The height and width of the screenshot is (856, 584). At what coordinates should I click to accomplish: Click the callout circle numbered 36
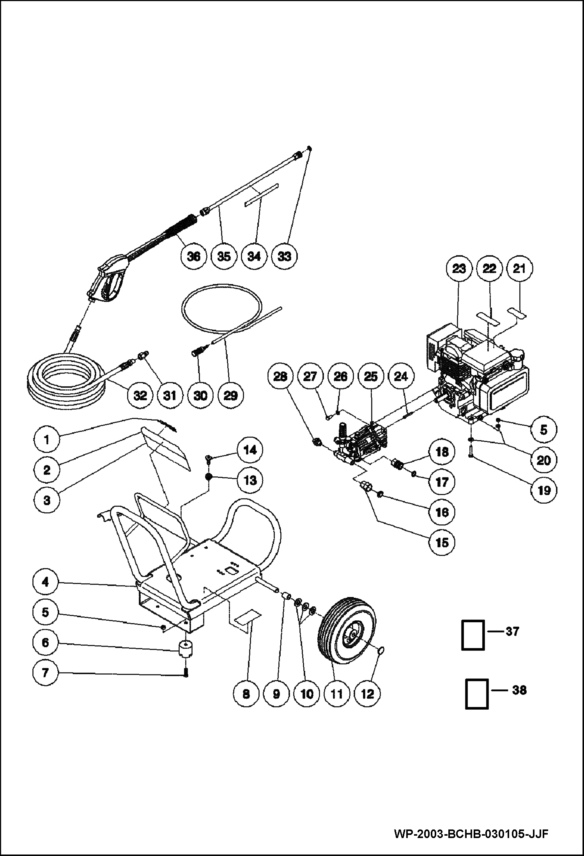(194, 256)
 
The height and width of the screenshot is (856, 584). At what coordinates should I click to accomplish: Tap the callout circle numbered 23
(459, 268)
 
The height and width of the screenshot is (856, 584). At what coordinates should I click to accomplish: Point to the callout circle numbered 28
(280, 376)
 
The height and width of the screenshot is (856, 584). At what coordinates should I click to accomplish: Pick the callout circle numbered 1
(46, 440)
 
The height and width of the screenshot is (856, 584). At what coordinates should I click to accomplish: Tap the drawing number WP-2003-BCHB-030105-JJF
(471, 833)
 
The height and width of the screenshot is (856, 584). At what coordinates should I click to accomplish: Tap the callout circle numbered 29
(230, 395)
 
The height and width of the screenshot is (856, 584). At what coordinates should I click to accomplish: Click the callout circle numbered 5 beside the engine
(543, 430)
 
